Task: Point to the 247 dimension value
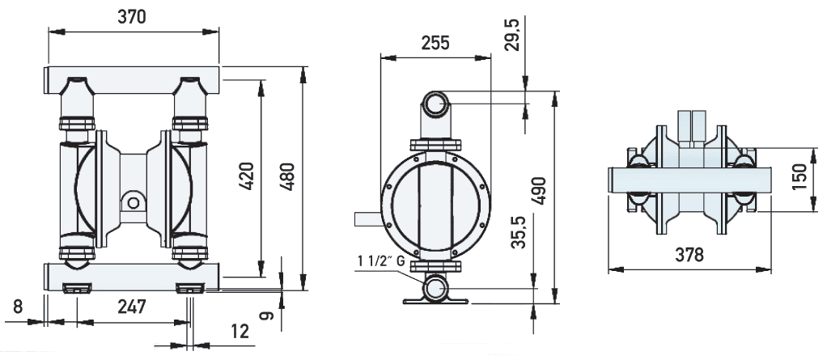pyautogui.click(x=131, y=307)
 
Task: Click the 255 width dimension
pyautogui.click(x=436, y=44)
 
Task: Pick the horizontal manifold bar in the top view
pyautogui.click(x=687, y=180)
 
